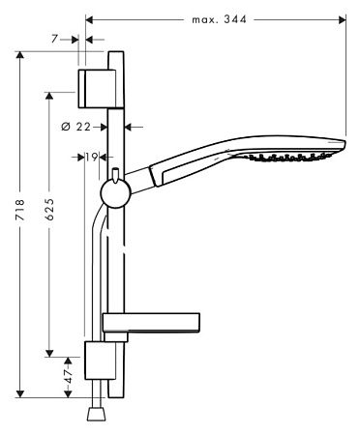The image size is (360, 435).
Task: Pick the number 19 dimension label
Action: click(91, 156)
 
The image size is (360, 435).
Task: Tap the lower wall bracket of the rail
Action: click(101, 364)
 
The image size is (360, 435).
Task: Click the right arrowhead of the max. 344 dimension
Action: click(342, 17)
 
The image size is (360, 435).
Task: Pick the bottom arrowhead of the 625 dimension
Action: click(48, 354)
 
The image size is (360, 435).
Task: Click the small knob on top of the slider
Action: click(115, 175)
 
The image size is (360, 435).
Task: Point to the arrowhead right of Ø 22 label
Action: click(133, 125)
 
